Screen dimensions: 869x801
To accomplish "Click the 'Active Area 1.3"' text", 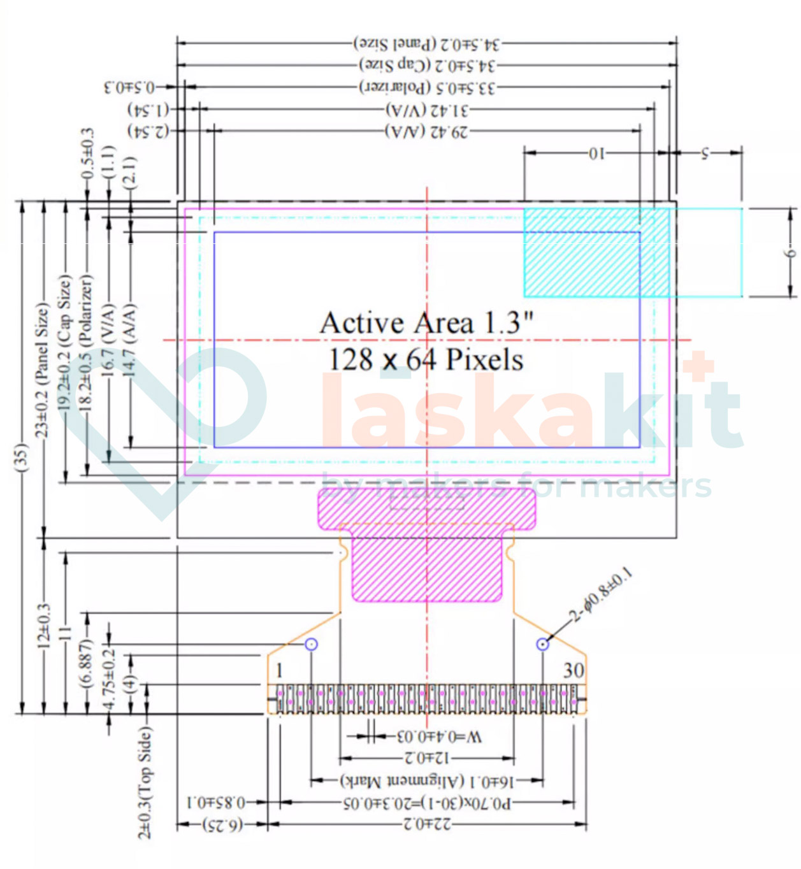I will tap(426, 323).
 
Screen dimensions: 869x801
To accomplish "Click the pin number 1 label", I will tap(279, 670).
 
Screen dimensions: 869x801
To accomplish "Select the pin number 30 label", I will tap(573, 670).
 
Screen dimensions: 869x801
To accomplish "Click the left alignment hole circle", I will tap(311, 644).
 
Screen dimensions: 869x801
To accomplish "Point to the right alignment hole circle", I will tap(542, 644).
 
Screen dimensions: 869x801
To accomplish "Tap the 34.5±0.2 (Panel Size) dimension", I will tap(427, 44).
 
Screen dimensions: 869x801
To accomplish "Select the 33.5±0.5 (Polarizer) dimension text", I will tap(427, 87).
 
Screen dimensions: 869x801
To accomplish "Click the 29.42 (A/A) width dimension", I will tap(426, 131).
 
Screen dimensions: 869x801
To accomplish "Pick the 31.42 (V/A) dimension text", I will tap(426, 110).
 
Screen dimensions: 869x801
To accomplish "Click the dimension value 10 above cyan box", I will tap(595, 153).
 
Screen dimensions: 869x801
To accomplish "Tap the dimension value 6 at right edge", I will tap(790, 253).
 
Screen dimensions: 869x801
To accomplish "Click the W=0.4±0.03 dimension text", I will tap(439, 737).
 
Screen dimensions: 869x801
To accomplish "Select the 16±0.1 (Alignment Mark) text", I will tap(426, 780).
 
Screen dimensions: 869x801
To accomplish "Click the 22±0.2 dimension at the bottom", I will tap(426, 824).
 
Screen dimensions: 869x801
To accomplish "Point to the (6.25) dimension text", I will tap(222, 824).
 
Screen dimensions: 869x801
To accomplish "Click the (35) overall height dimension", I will tap(21, 457).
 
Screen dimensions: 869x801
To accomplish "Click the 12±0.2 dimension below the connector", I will tap(426, 758).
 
